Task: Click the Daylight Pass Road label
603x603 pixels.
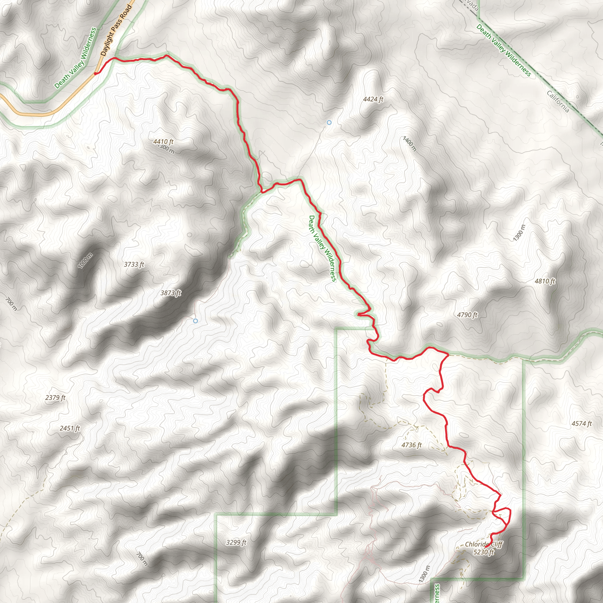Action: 116,30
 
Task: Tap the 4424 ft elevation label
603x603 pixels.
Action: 373,99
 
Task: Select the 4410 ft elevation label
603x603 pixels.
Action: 163,142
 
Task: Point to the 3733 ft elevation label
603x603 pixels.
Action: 134,264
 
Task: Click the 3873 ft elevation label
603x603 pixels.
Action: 171,293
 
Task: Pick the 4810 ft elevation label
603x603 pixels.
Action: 545,281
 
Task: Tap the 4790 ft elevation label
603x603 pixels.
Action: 467,315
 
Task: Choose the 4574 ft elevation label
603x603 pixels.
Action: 582,423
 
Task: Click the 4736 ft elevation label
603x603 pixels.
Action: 411,445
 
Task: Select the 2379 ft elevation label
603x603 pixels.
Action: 55,397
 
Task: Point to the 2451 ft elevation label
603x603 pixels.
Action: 69,428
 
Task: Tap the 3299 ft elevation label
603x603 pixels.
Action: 236,542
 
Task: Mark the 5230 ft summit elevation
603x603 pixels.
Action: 483,552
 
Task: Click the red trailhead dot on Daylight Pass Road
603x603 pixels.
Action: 95,74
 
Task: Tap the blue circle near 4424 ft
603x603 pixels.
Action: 329,123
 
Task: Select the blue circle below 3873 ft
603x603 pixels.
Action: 196,321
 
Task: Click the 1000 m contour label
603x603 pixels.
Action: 85,260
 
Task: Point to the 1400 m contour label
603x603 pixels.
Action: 410,144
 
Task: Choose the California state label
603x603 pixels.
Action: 558,101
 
